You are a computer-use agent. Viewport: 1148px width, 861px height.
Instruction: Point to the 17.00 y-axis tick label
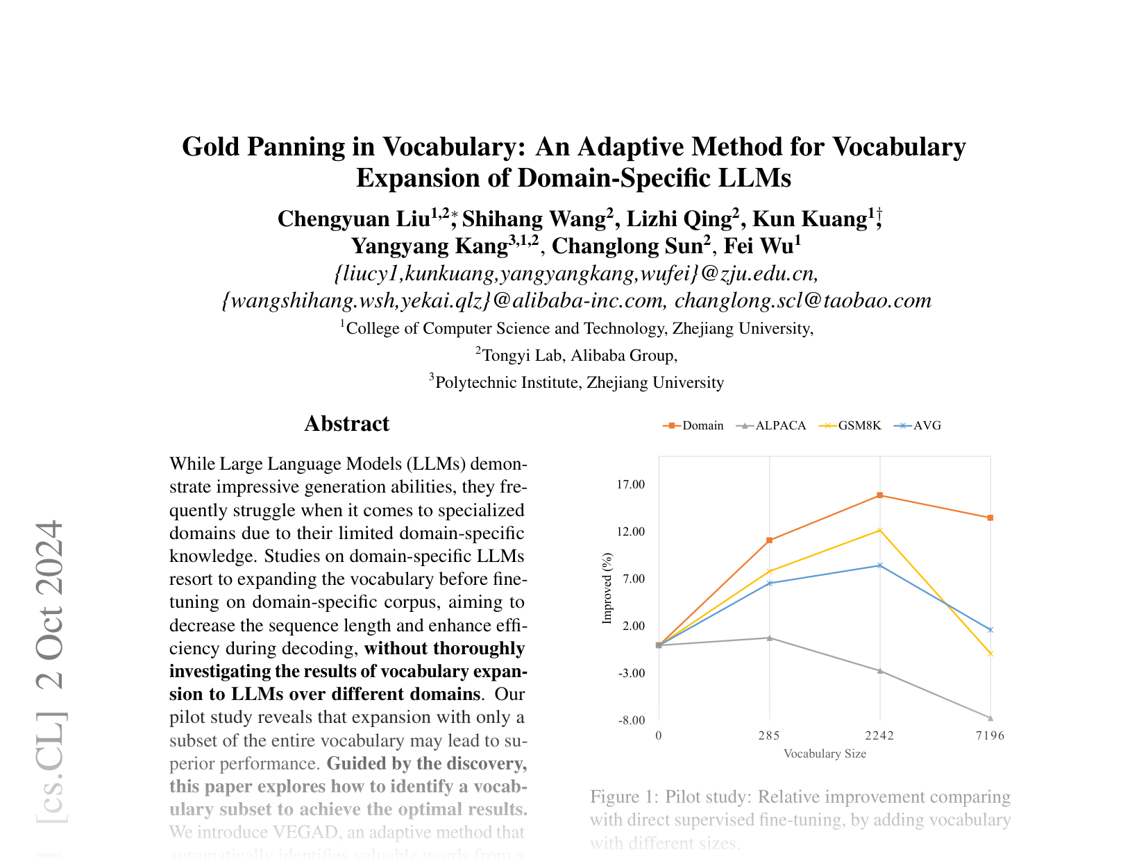(x=631, y=484)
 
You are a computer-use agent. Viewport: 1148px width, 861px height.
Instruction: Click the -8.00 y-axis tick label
(x=631, y=720)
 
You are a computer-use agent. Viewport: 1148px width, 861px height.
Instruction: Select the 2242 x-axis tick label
(x=879, y=736)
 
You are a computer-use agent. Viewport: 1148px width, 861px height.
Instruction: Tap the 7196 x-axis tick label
(x=990, y=736)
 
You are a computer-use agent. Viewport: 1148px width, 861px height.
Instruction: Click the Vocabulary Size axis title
(x=825, y=753)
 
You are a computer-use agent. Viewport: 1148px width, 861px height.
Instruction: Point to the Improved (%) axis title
(x=607, y=588)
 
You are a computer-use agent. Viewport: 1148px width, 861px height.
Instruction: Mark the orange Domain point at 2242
(x=879, y=495)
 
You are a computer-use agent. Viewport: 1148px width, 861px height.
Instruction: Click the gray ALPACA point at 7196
(x=990, y=718)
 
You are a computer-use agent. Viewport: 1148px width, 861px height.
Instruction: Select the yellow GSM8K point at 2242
(x=879, y=530)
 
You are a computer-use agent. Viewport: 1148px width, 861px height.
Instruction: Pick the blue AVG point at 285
(x=769, y=583)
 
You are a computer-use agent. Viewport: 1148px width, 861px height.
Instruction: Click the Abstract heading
(x=346, y=424)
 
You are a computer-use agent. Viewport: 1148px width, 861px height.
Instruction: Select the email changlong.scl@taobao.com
(x=802, y=300)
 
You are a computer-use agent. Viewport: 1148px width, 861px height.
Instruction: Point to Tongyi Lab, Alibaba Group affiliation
(x=579, y=356)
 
